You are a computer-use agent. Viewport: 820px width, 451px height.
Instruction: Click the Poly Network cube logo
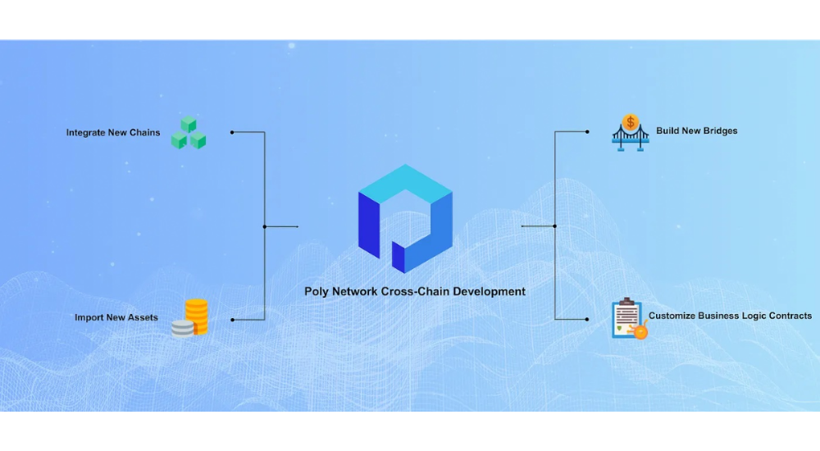pyautogui.click(x=405, y=218)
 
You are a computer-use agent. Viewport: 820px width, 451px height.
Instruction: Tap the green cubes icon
pyautogui.click(x=189, y=133)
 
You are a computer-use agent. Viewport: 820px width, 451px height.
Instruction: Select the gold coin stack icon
pyautogui.click(x=190, y=317)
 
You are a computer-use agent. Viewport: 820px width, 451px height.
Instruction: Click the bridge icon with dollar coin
pyautogui.click(x=630, y=131)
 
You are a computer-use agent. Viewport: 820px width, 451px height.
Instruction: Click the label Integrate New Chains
pyautogui.click(x=113, y=132)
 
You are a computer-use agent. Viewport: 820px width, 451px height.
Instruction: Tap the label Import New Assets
pyautogui.click(x=116, y=317)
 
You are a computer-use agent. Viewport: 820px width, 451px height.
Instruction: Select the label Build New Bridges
pyautogui.click(x=696, y=130)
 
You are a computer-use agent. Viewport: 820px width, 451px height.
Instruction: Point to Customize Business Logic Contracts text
pyautogui.click(x=730, y=316)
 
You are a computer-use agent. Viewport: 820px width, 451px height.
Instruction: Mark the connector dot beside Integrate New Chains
pyautogui.click(x=232, y=132)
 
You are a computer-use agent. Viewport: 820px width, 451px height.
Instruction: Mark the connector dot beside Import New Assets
pyautogui.click(x=232, y=319)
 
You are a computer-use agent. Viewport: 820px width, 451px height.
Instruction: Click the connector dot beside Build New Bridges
pyautogui.click(x=588, y=131)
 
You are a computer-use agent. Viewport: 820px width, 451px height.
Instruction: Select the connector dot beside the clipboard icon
pyautogui.click(x=588, y=319)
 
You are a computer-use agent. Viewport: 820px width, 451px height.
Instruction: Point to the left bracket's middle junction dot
pyautogui.click(x=264, y=226)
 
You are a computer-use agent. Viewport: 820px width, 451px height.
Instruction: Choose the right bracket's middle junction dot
pyautogui.click(x=555, y=225)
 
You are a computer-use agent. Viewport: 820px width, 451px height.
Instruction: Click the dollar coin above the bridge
pyautogui.click(x=630, y=122)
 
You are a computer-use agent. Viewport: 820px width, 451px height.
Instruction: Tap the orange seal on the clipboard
pyautogui.click(x=641, y=332)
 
